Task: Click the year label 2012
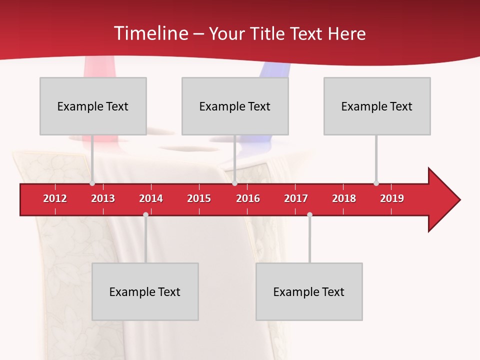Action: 55,198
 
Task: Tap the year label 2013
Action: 103,198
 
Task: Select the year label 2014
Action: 151,198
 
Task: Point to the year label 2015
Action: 199,198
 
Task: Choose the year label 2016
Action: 248,198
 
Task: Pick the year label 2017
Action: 296,198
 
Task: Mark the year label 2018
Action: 344,198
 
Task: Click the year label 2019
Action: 392,198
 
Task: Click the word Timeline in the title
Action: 149,33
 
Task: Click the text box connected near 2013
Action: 93,106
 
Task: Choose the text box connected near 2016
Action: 235,106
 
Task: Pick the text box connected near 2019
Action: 377,106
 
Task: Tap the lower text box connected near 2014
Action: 145,291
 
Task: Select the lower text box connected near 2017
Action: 309,291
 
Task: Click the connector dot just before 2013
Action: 92,183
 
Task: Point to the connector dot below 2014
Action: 145,215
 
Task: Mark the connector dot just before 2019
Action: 376,183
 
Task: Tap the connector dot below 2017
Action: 309,215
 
